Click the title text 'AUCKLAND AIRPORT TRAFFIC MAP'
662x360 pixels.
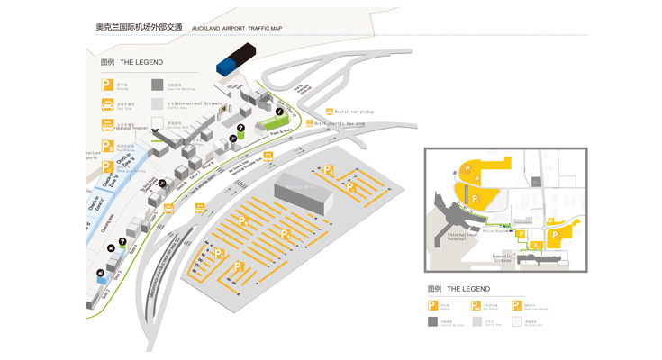237,29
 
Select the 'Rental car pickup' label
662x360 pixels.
354,112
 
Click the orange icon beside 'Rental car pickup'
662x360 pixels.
330,112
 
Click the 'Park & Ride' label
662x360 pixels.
282,131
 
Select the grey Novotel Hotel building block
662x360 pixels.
304,196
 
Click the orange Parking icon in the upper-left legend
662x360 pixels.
108,85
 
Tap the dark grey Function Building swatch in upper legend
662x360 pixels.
158,85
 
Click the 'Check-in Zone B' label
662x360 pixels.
123,163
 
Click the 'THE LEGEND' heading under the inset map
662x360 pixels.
469,289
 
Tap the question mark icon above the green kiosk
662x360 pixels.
241,129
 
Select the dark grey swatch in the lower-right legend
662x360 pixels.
433,321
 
